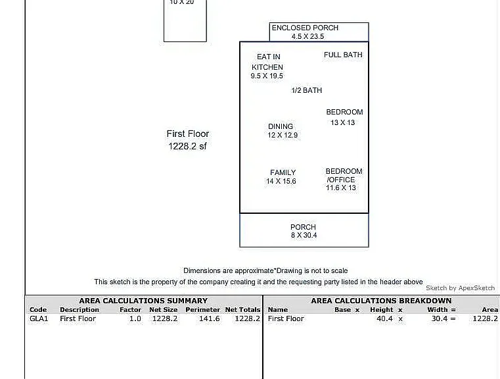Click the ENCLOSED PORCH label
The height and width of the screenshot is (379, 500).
[305, 28]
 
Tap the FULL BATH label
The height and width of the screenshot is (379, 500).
[343, 55]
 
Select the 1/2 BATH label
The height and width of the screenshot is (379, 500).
[307, 90]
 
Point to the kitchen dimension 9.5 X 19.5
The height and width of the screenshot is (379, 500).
[267, 76]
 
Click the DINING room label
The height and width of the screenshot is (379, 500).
[281, 126]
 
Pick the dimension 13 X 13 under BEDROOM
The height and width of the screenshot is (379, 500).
[343, 122]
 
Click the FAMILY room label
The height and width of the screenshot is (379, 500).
[283, 173]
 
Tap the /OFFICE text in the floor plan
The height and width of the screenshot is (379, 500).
[341, 180]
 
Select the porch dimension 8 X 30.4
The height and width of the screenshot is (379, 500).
[304, 236]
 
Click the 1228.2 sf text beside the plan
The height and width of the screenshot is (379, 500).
[187, 146]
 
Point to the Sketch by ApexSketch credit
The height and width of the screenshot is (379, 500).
[461, 288]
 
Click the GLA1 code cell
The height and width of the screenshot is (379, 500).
[39, 318]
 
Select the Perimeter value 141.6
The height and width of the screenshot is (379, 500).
[209, 318]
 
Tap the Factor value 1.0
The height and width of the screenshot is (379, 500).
[135, 318]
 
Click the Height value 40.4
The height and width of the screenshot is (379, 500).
[384, 318]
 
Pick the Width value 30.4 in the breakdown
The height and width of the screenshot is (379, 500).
[440, 318]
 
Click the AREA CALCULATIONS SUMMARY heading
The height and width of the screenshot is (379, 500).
[143, 301]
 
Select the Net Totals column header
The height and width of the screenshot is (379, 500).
[242, 310]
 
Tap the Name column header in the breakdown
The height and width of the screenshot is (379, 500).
[278, 310]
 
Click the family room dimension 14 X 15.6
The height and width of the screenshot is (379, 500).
[281, 182]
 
